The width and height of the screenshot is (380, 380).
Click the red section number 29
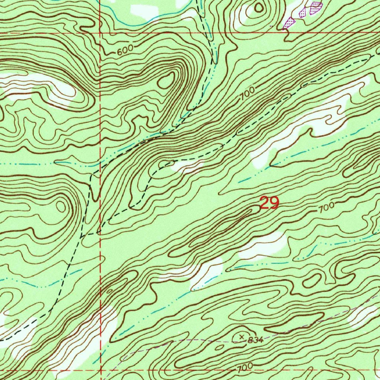tap(269, 203)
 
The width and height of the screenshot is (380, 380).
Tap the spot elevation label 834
tap(256, 340)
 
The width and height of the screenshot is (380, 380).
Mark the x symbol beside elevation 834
tap(242, 337)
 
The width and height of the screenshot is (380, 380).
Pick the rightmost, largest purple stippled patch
tap(316, 7)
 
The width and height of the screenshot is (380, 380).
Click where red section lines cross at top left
tap(101, 33)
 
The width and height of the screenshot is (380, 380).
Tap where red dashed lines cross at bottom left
tap(101, 370)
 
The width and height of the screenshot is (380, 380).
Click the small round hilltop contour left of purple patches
tap(259, 7)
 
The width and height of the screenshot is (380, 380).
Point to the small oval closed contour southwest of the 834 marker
tap(220, 347)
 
